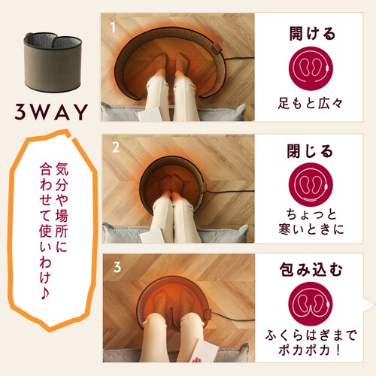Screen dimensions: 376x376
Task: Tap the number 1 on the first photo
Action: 112,28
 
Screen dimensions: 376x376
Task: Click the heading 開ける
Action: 311,34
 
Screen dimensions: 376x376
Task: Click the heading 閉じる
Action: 311,150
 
